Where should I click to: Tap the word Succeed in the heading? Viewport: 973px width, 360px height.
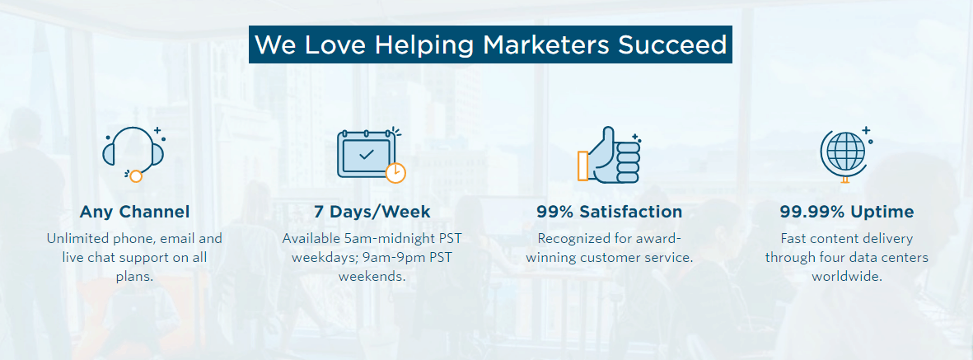tap(672, 44)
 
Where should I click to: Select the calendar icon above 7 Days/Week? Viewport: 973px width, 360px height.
tap(371, 155)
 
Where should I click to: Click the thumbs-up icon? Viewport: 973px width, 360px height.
tap(609, 155)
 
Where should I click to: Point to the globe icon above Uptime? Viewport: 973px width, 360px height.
tap(846, 154)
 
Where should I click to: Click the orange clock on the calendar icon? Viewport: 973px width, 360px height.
tap(395, 172)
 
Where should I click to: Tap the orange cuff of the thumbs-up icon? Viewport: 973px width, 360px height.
tap(582, 166)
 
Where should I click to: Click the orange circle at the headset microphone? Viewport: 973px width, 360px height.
tap(135, 176)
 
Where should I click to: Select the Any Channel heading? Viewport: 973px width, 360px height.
tap(134, 212)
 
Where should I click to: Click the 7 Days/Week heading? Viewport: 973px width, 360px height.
tap(372, 212)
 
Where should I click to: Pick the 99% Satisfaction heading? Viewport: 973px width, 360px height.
tap(610, 212)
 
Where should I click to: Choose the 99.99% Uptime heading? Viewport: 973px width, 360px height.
tap(847, 212)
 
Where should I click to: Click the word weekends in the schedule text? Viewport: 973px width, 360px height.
tap(372, 276)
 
